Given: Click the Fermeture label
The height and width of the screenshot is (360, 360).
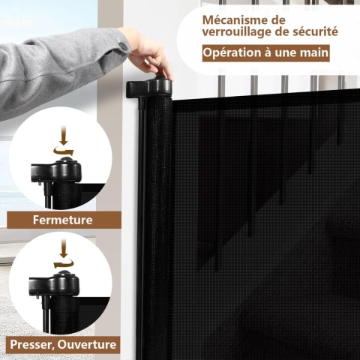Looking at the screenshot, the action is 63,220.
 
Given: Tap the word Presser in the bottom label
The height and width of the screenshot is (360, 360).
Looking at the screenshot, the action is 32,345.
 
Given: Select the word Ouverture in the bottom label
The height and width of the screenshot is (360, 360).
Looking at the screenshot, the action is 87,344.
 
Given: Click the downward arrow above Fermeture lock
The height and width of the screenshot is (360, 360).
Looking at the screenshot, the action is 64,136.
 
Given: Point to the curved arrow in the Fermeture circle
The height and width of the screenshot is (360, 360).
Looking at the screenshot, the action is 64,151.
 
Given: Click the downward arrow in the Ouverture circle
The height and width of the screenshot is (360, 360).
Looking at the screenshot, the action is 64,248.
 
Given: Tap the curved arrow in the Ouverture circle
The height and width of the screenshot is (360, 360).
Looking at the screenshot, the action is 64,263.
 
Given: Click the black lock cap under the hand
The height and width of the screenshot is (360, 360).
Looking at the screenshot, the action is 150,88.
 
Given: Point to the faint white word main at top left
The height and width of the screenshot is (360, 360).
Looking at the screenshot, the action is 18,22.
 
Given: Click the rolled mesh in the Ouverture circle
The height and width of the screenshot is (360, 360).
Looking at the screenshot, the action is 65,313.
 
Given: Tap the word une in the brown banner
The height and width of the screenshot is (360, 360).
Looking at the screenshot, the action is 284,53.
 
